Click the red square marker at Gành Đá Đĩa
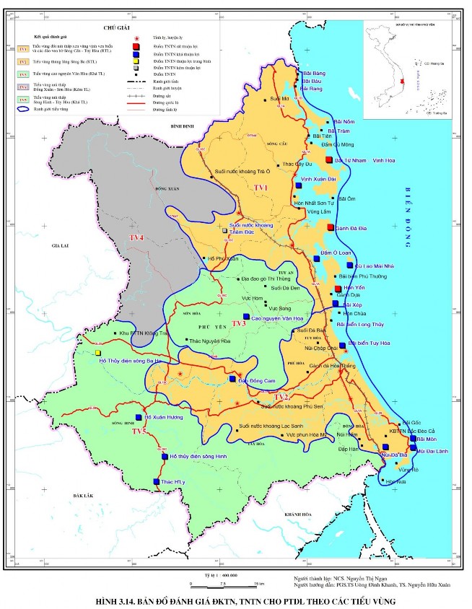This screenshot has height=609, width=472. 331,228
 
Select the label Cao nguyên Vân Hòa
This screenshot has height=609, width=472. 276,317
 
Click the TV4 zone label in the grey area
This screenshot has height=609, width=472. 136,237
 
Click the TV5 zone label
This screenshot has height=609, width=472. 139,431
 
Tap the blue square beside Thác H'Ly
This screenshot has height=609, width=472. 156,481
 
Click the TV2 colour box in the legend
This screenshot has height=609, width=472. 23,62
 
